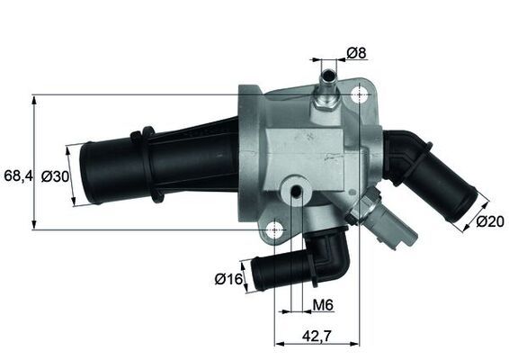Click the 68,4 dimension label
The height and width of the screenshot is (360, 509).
click(18, 175)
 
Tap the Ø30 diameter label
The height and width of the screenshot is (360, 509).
click(55, 176)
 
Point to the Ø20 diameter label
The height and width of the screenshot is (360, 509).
click(489, 221)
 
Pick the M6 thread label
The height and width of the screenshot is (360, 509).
click(323, 306)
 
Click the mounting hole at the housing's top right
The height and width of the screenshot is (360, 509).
click(362, 95)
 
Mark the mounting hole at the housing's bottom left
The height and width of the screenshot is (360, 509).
click(274, 231)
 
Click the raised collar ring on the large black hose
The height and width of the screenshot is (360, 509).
click(141, 162)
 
